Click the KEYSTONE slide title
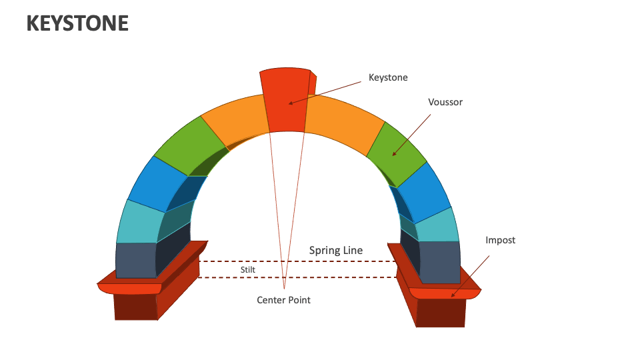77,23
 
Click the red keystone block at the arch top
285,100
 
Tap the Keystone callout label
388,77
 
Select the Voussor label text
445,102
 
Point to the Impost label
500,240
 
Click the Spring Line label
336,251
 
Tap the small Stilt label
248,269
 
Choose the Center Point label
283,300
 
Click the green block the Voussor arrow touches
397,152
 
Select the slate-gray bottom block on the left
135,259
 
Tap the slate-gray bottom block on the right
440,261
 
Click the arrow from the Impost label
471,275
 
